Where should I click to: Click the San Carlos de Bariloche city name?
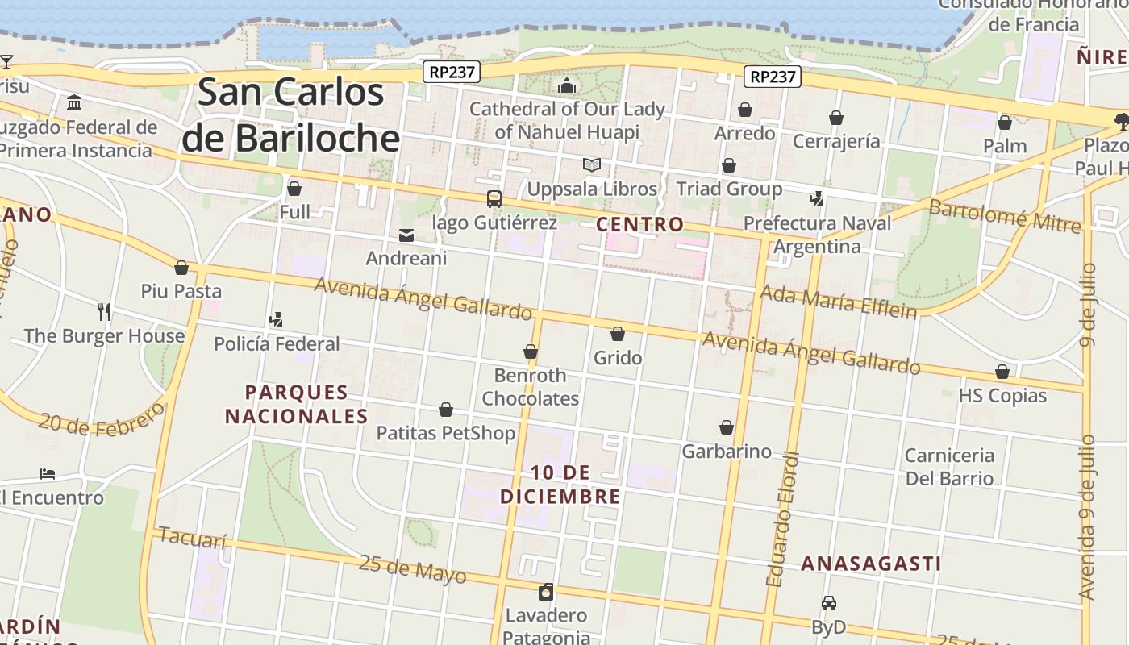coord(290,114)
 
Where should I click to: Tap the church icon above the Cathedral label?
coord(567,85)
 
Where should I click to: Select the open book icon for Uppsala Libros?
coord(592,165)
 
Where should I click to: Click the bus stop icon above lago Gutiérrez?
coord(494,198)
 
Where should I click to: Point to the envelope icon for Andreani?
coord(406,235)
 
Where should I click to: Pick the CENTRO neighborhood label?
coord(639,224)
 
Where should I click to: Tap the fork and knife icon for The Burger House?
coord(103,311)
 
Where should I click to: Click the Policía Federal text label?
coord(277,344)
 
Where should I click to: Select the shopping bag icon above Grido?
coord(618,334)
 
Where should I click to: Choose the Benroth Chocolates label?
coord(531,387)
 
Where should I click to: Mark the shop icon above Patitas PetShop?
coord(446,410)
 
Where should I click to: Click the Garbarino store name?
coord(727,451)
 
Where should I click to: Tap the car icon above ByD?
coord(828,603)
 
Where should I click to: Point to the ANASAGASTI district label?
coord(871,564)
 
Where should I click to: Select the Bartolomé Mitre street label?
coord(1005,215)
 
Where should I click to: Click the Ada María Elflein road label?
coord(839,302)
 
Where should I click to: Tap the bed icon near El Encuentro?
coord(48,473)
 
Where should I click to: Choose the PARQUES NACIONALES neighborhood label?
coord(296,405)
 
